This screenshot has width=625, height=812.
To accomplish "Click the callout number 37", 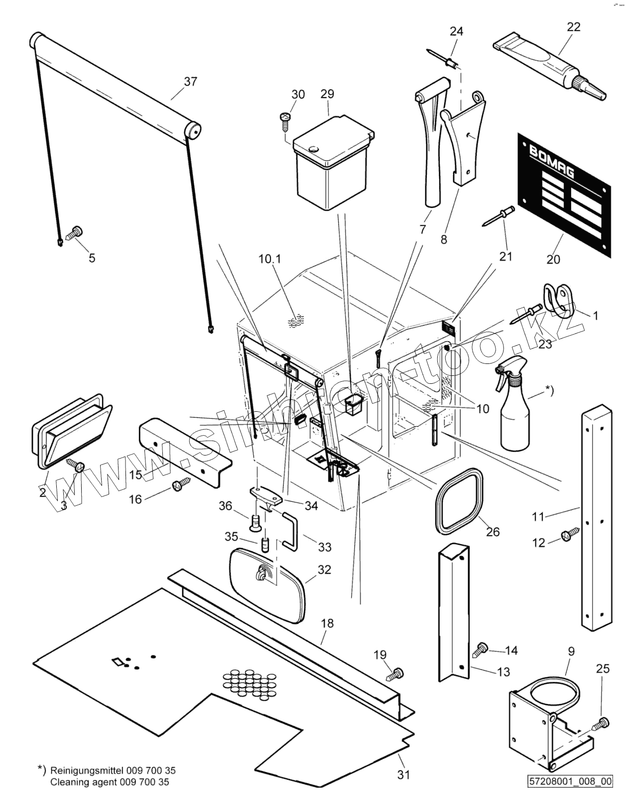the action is (x=191, y=82).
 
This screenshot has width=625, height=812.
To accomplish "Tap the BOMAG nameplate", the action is (x=564, y=195).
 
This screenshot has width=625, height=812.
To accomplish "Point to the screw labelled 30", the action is (x=285, y=121).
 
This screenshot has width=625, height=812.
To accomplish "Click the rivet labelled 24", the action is (x=443, y=60).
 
